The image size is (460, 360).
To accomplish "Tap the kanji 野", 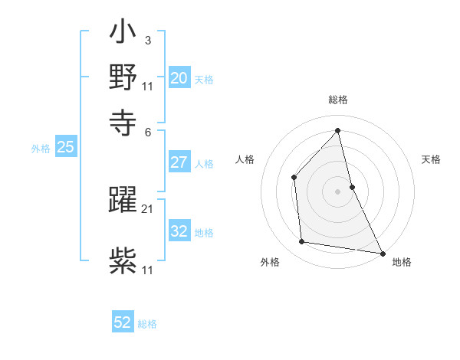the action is [123, 79].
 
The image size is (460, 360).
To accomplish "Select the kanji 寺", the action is [123, 122].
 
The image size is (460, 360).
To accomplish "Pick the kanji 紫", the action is [123, 261].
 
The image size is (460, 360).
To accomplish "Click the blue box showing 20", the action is [179, 78].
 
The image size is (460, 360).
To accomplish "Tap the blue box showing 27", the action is [179, 162].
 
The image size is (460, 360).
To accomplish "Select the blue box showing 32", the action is [179, 231].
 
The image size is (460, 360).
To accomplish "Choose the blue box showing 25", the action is [65, 148].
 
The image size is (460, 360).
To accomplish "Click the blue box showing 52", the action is [123, 323].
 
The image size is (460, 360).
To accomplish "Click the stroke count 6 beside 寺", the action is [148, 131].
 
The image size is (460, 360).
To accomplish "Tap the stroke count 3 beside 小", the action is [148, 40].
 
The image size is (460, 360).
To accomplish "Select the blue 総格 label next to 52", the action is [148, 324].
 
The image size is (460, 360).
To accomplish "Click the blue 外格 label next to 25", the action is [40, 149].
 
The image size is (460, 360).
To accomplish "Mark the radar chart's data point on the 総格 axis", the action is [338, 130].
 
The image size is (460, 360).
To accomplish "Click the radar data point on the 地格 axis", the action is [382, 252].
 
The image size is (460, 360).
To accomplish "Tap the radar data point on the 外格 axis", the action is [302, 242].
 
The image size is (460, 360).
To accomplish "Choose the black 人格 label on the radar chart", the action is [245, 159].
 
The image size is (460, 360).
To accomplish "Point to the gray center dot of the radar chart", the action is [338, 191].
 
